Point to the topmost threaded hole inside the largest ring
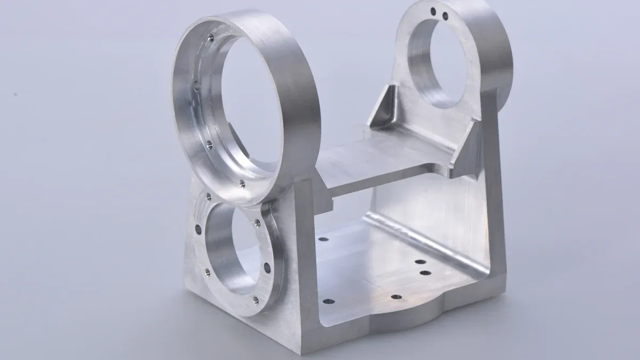pos(211,37)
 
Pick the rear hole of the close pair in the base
pos(420,262)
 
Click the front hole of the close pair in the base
pos(425,273)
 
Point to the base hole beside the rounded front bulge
pos(395,297)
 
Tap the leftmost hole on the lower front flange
pos(198,229)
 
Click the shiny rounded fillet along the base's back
pos(427,240)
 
